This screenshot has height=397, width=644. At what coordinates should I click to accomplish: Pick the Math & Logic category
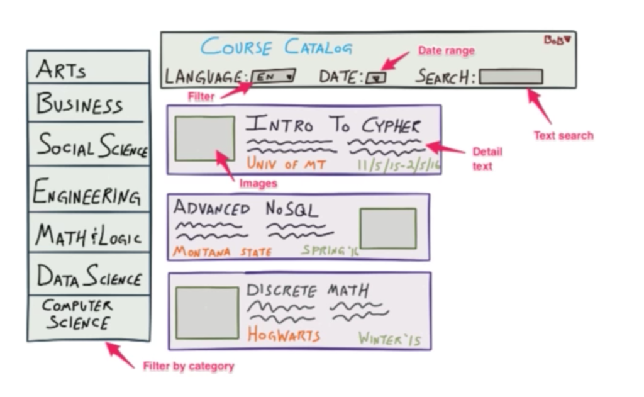pos(88,235)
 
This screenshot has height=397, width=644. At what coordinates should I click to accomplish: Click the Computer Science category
pos(77,314)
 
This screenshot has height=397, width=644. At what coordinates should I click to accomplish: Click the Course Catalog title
pos(277,47)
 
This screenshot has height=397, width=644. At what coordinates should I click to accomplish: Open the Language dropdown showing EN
pos(273,77)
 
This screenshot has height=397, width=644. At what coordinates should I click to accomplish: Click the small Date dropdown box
pos(376,78)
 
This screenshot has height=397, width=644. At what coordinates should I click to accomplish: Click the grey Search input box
pos(511,77)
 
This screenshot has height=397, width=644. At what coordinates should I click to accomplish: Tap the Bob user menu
pos(557,40)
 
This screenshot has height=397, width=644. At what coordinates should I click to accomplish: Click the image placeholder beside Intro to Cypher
pos(204,138)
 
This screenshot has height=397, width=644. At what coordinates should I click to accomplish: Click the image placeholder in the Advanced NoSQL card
pos(387,228)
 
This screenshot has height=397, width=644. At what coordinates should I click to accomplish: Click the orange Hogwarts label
pos(283,335)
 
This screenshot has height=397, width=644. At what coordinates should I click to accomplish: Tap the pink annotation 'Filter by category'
pos(188,366)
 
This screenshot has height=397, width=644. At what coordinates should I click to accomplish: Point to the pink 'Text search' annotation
pos(563,135)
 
